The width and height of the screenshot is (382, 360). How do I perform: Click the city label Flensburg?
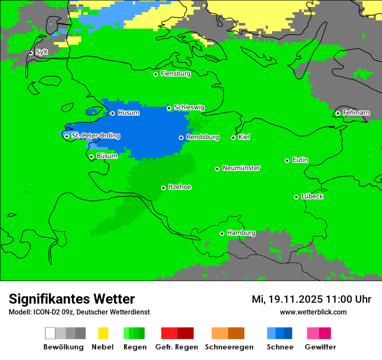pyautogui.click(x=175, y=74)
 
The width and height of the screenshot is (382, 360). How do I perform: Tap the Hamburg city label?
pyautogui.click(x=241, y=233)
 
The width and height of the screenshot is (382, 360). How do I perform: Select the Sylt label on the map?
pyautogui.click(x=42, y=52)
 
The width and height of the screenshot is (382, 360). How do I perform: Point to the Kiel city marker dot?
pyautogui.click(x=234, y=137)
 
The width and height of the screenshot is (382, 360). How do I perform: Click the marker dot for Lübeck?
pyautogui.click(x=296, y=197)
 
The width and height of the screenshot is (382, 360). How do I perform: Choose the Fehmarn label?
pyautogui.click(x=356, y=113)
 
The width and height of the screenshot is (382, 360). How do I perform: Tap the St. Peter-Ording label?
pyautogui.click(x=95, y=136)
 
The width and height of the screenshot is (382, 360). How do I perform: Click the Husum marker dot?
pyautogui.click(x=113, y=113)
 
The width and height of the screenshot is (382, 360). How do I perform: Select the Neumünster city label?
pyautogui.click(x=241, y=168)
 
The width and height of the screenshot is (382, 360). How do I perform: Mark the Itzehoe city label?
pyautogui.click(x=180, y=187)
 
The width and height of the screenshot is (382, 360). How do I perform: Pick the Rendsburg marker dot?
pyautogui.click(x=181, y=137)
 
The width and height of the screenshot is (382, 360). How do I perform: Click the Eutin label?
pyautogui.click(x=300, y=160)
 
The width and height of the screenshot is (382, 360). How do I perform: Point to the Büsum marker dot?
pyautogui.click(x=92, y=157)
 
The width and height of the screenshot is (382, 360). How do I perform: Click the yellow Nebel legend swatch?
pyautogui.click(x=103, y=333)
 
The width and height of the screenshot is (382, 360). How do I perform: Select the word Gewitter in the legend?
pyautogui.click(x=320, y=347)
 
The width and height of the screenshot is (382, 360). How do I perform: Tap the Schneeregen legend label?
pyautogui.click(x=228, y=347)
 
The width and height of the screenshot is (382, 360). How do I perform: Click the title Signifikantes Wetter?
pyautogui.click(x=72, y=299)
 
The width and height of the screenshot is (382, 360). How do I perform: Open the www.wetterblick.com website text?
pyautogui.click(x=313, y=312)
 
